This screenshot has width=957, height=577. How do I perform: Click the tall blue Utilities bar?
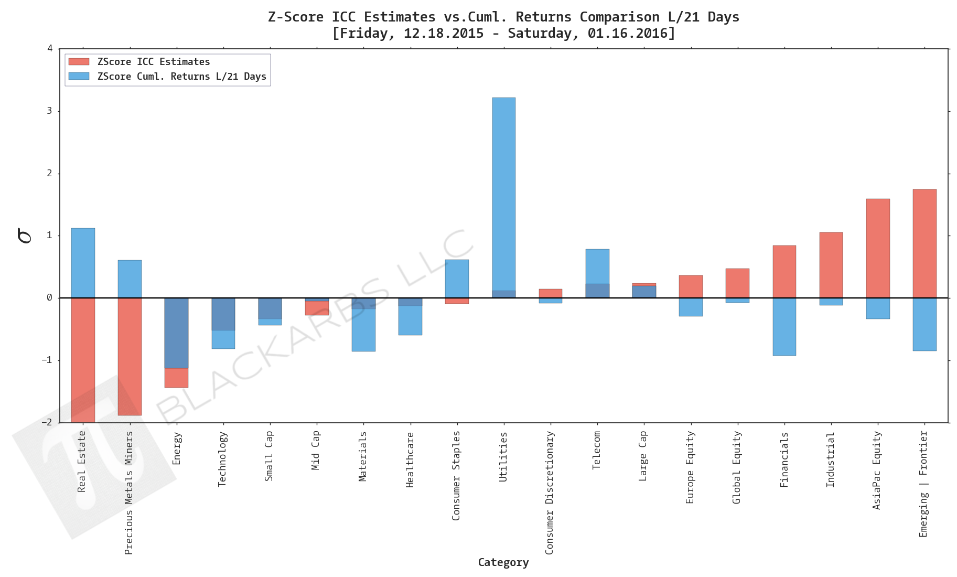click(503, 194)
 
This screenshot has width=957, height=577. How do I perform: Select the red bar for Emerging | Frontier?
click(924, 243)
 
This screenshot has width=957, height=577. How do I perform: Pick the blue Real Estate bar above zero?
click(83, 263)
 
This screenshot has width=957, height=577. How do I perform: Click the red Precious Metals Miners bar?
click(130, 357)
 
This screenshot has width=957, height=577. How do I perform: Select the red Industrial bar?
click(831, 265)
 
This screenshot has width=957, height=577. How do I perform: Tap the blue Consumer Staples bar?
click(457, 279)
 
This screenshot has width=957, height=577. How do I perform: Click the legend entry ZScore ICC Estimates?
click(153, 62)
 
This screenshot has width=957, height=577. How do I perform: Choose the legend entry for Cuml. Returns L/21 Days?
click(181, 77)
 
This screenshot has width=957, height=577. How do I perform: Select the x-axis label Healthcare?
click(410, 460)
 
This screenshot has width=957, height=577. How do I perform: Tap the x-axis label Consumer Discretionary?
click(550, 492)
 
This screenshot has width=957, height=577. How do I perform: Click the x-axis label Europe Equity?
click(690, 467)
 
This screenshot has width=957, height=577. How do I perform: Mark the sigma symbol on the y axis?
click(24, 236)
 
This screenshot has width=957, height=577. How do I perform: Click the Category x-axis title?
click(503, 562)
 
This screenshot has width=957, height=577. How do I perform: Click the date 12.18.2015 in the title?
click(443, 34)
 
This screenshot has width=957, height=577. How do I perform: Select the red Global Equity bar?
click(737, 283)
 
